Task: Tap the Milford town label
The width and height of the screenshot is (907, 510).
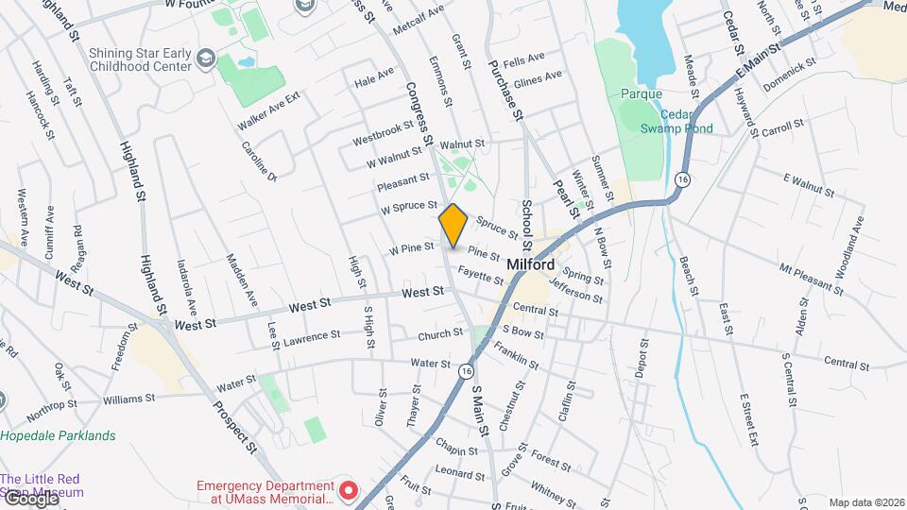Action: click(530, 265)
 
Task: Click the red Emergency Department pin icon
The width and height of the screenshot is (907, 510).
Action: click(349, 490)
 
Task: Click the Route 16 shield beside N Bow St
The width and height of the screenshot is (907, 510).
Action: click(683, 179)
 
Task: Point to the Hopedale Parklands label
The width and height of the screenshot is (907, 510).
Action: click(58, 435)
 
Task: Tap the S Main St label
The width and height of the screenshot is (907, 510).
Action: click(478, 408)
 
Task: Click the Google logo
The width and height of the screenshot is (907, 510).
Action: click(29, 498)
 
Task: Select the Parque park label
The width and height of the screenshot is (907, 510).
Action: click(642, 93)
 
